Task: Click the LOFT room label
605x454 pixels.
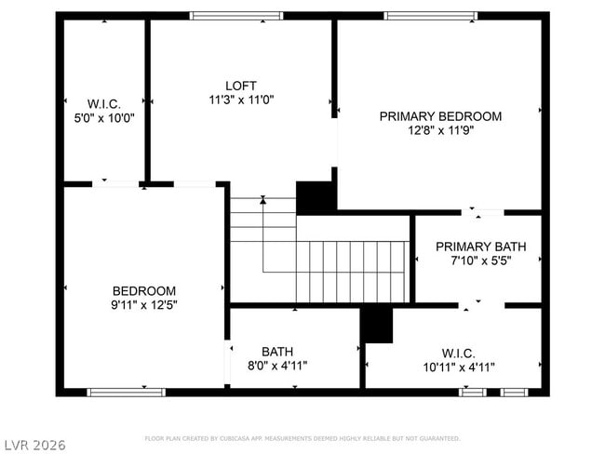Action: click(x=241, y=85)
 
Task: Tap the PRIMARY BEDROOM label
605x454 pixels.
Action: click(x=440, y=116)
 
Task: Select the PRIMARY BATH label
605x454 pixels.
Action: click(x=480, y=247)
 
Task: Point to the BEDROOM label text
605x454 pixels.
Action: click(x=144, y=290)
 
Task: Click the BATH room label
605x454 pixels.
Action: click(x=277, y=351)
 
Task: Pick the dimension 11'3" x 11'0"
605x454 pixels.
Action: click(x=241, y=99)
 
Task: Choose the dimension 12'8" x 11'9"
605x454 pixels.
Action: click(x=440, y=130)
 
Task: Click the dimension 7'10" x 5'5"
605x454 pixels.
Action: click(x=480, y=260)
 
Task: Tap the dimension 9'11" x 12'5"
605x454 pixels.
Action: click(x=144, y=304)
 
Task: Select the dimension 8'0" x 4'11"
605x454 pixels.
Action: click(x=277, y=366)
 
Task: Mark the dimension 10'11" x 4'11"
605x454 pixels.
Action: click(x=458, y=367)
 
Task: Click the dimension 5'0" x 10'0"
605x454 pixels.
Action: click(x=103, y=117)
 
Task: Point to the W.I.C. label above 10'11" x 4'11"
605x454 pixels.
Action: click(x=458, y=353)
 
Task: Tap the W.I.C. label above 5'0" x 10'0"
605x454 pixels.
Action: click(x=103, y=103)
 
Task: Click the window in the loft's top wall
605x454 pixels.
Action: click(x=236, y=16)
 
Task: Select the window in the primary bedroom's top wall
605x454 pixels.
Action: click(x=431, y=16)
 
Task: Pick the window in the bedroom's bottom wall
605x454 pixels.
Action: click(x=126, y=392)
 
